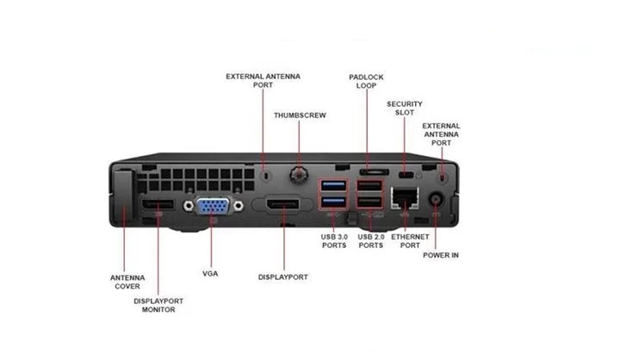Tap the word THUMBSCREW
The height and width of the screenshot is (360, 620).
tap(300, 115)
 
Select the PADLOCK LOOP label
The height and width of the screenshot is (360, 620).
tap(366, 81)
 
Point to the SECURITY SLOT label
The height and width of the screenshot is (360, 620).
tap(405, 108)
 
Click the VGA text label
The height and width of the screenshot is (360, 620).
tap(210, 273)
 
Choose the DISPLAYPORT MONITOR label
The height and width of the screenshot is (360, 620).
tap(158, 305)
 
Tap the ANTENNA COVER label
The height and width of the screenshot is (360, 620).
tap(127, 282)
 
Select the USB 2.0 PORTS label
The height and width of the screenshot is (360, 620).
tap(370, 240)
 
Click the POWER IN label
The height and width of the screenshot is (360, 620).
tap(441, 255)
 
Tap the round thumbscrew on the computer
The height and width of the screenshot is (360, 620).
tap(299, 174)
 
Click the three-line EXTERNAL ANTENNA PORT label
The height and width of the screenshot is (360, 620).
tap(441, 133)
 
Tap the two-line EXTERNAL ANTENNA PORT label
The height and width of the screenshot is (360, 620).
tap(263, 81)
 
